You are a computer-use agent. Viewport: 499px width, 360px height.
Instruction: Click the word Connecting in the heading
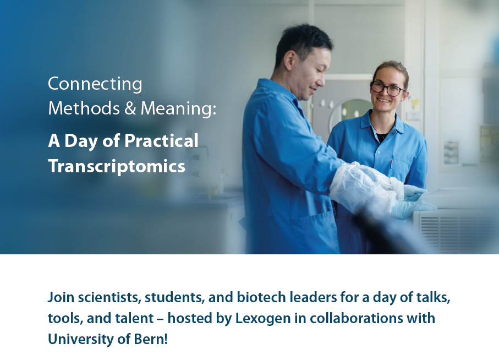[x=95, y=85]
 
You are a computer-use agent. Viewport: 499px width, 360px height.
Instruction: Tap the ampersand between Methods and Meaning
[x=130, y=108]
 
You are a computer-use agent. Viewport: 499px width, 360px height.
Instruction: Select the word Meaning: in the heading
[x=179, y=109]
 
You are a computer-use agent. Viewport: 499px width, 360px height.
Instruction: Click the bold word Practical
[x=161, y=141]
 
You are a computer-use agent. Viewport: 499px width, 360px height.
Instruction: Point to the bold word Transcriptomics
[x=117, y=166]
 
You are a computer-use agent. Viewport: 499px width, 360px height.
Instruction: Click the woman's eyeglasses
[x=388, y=89]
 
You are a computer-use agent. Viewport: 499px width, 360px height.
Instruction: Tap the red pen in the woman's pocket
[x=391, y=164]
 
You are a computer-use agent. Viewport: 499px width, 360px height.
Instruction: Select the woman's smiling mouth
[x=383, y=100]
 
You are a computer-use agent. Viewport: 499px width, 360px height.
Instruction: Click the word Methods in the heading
[x=84, y=108]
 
